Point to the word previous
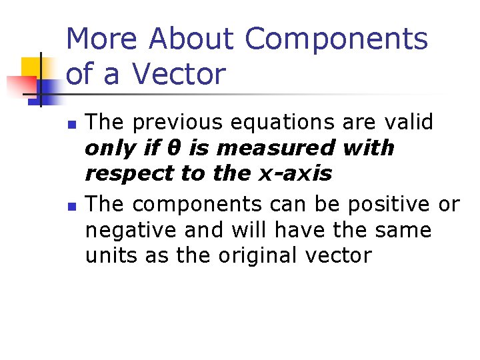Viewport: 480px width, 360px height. click(171, 123)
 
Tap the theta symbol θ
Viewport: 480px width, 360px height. click(187, 147)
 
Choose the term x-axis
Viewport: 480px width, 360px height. click(295, 173)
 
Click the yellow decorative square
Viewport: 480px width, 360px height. click(32, 67)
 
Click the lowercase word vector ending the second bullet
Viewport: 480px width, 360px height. click(337, 255)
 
